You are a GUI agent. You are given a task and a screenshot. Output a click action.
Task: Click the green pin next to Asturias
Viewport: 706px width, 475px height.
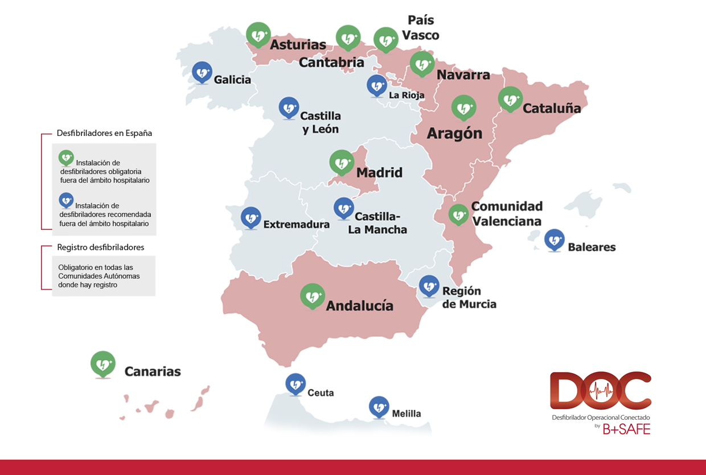[x=258, y=35]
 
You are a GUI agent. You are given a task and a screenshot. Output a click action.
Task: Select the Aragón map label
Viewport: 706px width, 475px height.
[x=454, y=133]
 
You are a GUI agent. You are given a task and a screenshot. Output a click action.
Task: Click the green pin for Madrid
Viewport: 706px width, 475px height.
[x=342, y=162]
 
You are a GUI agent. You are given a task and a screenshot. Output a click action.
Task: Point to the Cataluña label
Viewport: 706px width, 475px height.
[x=552, y=108]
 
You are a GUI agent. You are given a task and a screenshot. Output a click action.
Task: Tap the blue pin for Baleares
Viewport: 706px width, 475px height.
[x=555, y=240]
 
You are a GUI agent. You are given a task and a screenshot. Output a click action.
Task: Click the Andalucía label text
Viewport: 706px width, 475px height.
[x=359, y=305]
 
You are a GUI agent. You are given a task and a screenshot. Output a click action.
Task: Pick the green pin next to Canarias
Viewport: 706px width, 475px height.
[x=103, y=364]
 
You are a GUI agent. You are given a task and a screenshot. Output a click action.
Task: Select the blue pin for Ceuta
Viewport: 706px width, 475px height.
[x=295, y=385]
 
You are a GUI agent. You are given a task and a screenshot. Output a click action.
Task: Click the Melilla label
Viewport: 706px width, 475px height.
[x=407, y=414]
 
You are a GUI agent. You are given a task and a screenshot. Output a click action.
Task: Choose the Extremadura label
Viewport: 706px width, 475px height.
[x=296, y=224]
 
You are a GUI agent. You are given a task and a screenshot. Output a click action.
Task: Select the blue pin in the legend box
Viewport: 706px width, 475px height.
[x=67, y=200]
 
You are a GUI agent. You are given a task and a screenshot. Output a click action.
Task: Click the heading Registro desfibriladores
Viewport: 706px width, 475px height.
[x=101, y=247]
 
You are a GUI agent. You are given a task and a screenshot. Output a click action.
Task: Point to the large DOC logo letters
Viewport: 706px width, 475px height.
[x=600, y=391]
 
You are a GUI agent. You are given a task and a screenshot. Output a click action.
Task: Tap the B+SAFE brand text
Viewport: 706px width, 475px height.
[x=626, y=429]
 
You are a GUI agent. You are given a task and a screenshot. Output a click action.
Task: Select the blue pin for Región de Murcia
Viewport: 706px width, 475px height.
[x=429, y=286]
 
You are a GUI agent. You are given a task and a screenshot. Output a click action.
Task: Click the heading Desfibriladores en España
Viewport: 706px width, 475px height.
[x=104, y=133]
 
